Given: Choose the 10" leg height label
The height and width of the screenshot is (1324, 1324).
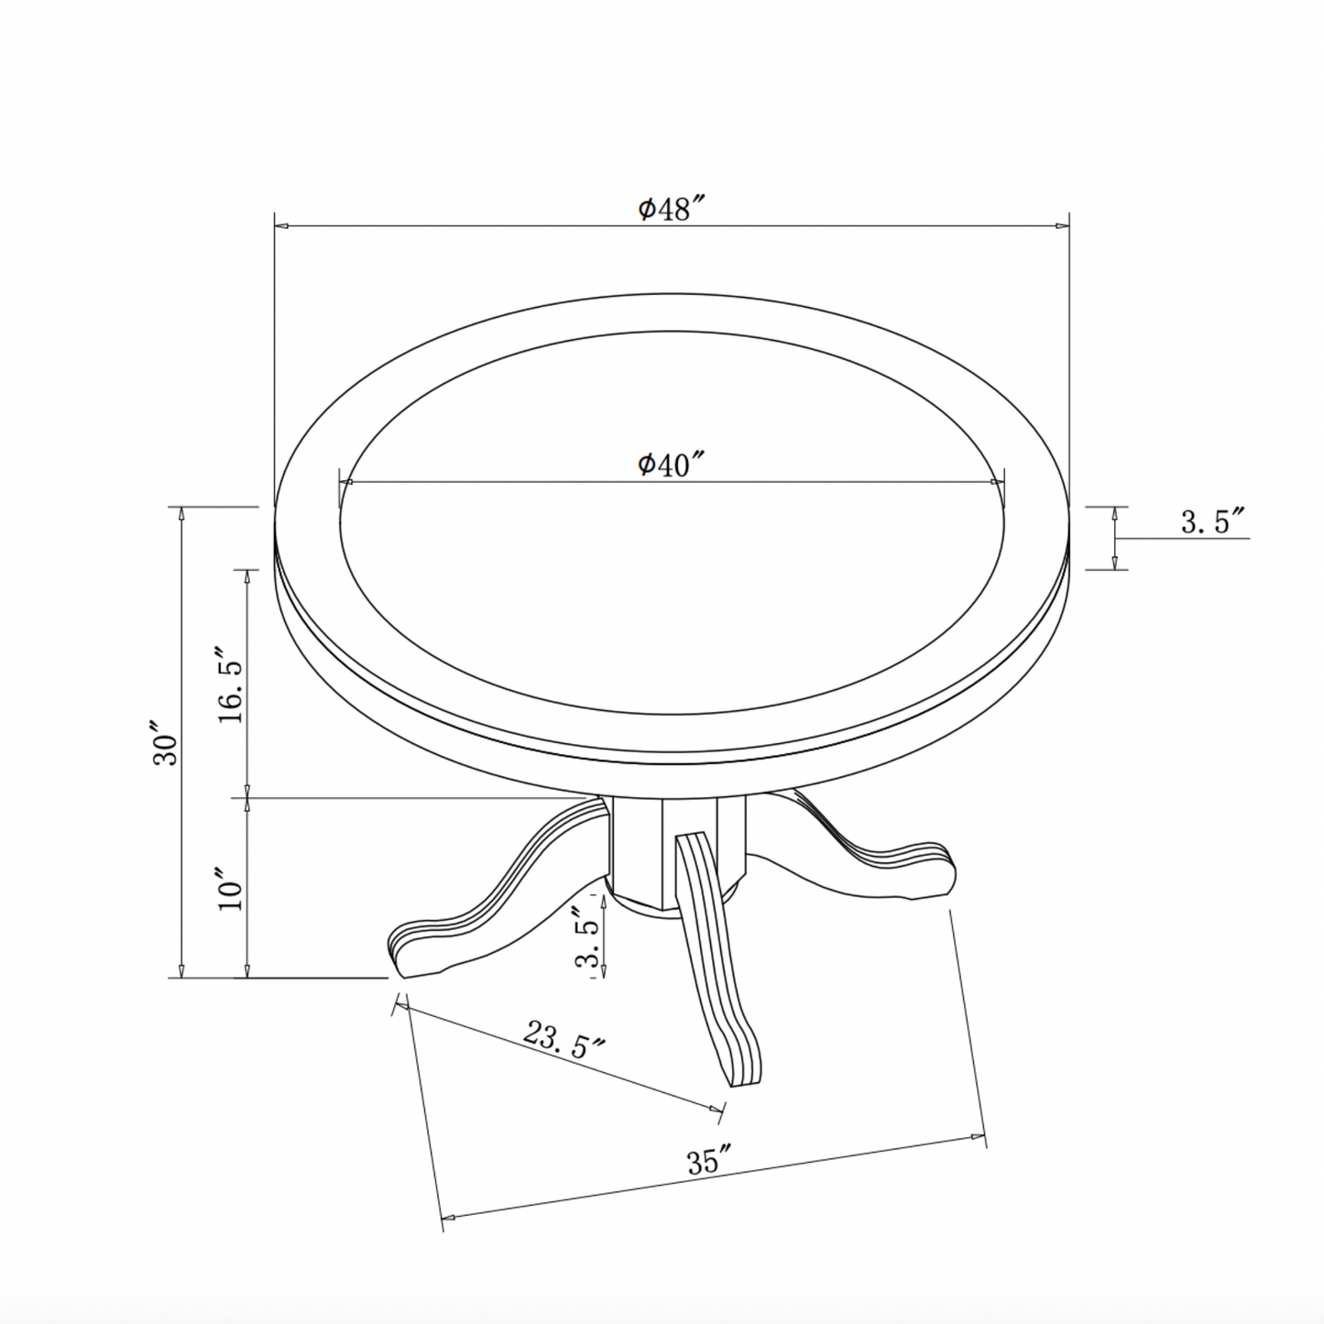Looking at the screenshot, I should point(231,889).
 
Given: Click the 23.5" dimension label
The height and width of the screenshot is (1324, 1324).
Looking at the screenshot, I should point(564,1039).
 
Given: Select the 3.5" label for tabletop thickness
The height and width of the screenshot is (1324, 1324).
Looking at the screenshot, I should point(1210,523).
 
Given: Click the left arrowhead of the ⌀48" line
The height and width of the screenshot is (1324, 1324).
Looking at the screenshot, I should point(279,225).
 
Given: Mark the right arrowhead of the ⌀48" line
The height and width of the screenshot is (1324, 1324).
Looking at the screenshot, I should point(1066,225).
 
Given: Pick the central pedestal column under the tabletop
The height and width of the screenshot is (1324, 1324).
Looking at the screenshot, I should point(641,848).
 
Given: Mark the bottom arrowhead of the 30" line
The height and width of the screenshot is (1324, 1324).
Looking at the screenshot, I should point(182,972).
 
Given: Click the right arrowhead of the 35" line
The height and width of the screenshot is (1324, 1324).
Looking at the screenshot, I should point(981,1136).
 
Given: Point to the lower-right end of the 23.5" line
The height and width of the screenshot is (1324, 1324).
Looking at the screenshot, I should point(720,1111).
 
